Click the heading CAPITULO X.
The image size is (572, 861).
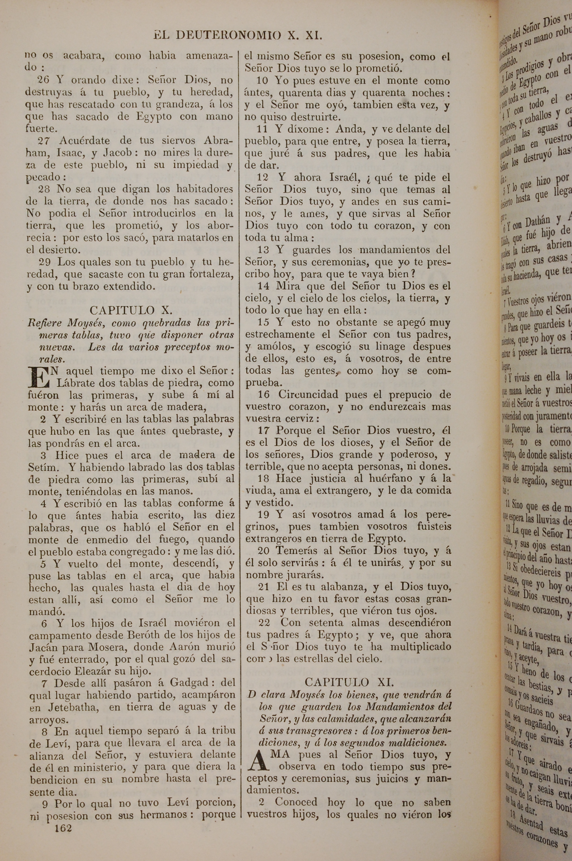click(131, 310)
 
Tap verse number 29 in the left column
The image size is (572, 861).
click(46, 262)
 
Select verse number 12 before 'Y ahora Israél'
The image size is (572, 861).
click(263, 178)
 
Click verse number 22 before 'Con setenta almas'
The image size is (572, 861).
click(264, 622)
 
